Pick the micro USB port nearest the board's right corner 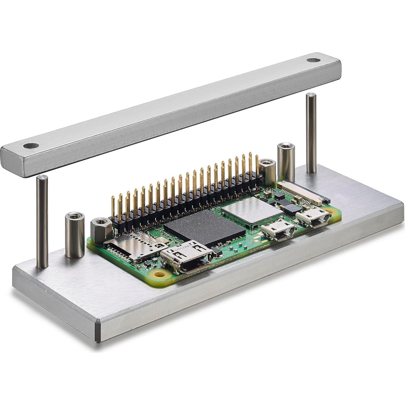click(312, 216)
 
